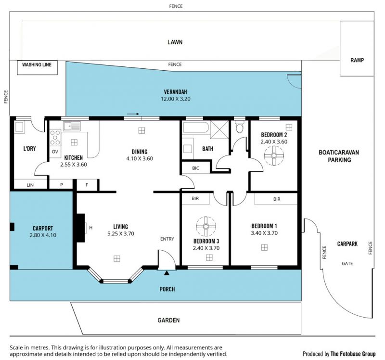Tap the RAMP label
pyautogui.click(x=357, y=60)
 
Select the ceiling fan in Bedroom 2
pyautogui.click(x=274, y=155)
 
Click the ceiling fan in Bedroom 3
pyautogui.click(x=206, y=226)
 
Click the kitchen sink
pyautogui.click(x=72, y=126)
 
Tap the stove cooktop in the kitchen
pyautogui.click(x=55, y=138)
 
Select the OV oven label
pyautogui.click(x=55, y=152)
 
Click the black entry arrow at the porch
pyautogui.click(x=167, y=272)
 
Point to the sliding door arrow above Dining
pyautogui.click(x=133, y=114)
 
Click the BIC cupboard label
pyautogui.click(x=196, y=168)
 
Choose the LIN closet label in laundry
pyautogui.click(x=30, y=185)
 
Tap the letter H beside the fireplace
pyautogui.click(x=91, y=228)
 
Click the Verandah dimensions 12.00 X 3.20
pyautogui.click(x=176, y=99)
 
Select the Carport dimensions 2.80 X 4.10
pyautogui.click(x=43, y=235)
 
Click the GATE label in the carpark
pyautogui.click(x=347, y=263)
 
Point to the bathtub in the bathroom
pyautogui.click(x=196, y=127)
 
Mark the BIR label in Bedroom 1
pyautogui.click(x=277, y=199)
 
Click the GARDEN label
pyautogui.click(x=169, y=320)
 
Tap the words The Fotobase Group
pyautogui.click(x=353, y=354)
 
